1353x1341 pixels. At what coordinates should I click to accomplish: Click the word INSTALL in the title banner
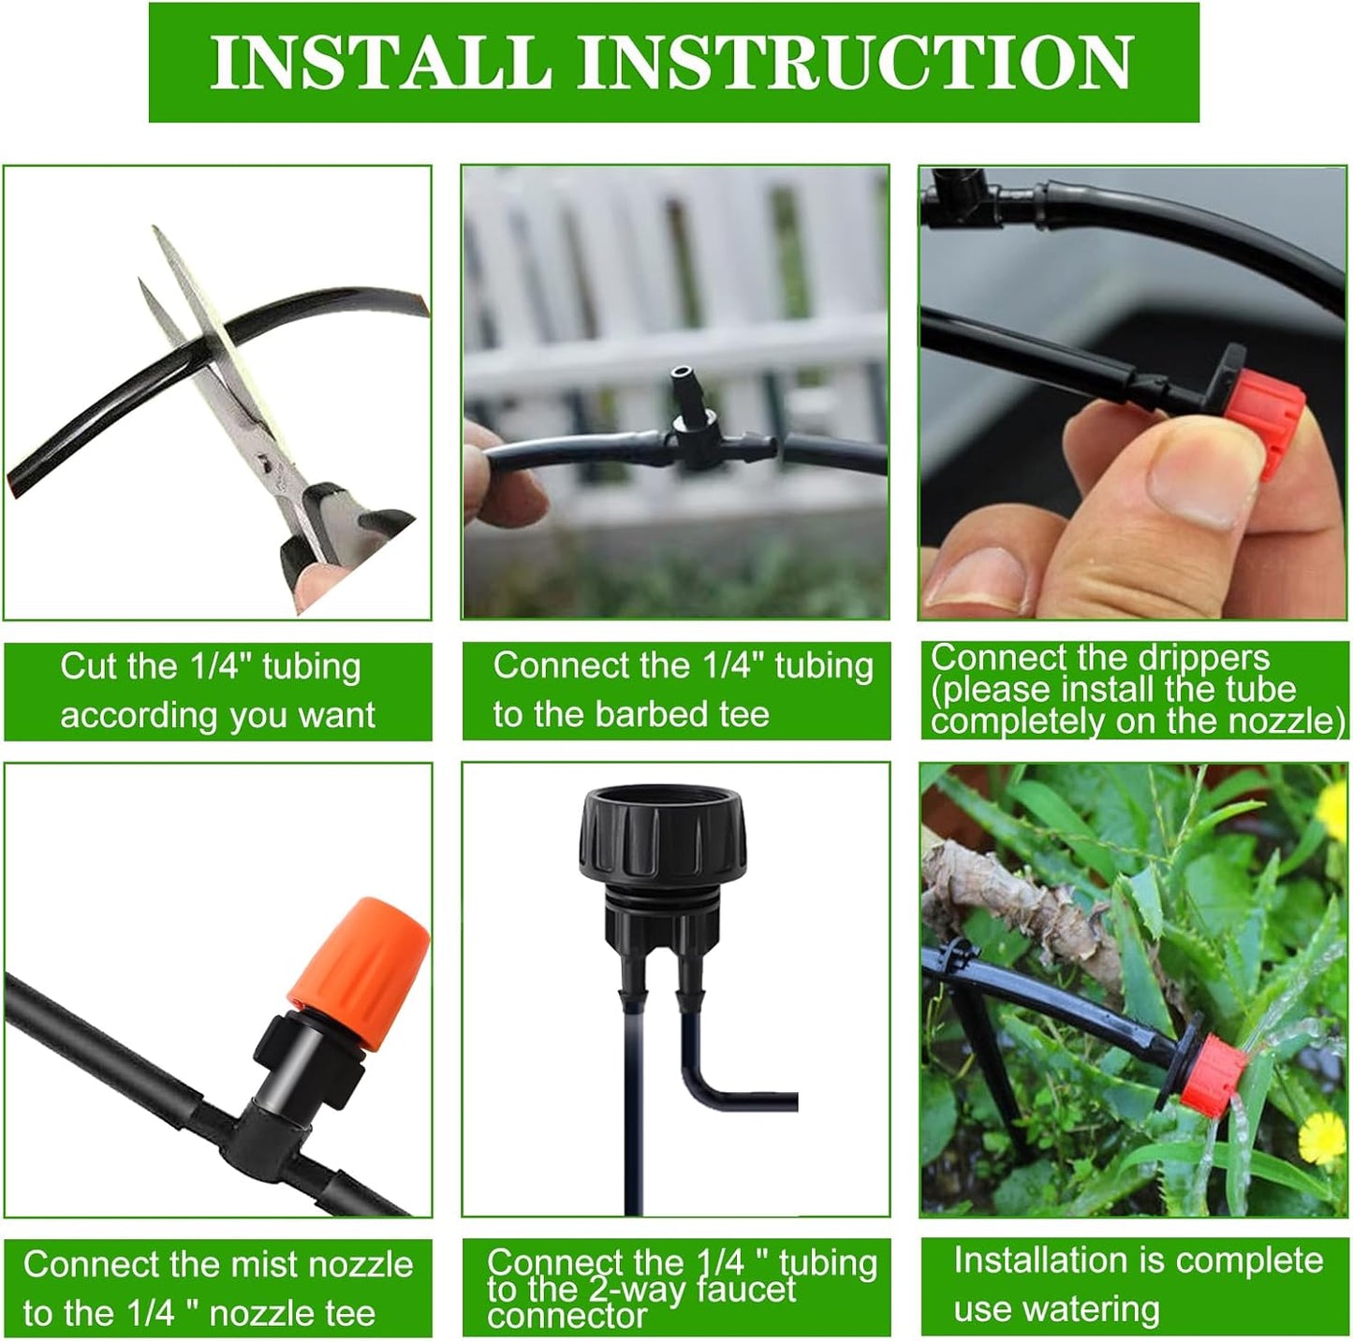(379, 62)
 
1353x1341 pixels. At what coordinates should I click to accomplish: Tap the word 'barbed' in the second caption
(654, 715)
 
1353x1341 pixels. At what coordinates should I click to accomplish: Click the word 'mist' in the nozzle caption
(265, 1264)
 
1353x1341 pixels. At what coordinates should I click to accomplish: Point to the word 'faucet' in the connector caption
(735, 1290)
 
